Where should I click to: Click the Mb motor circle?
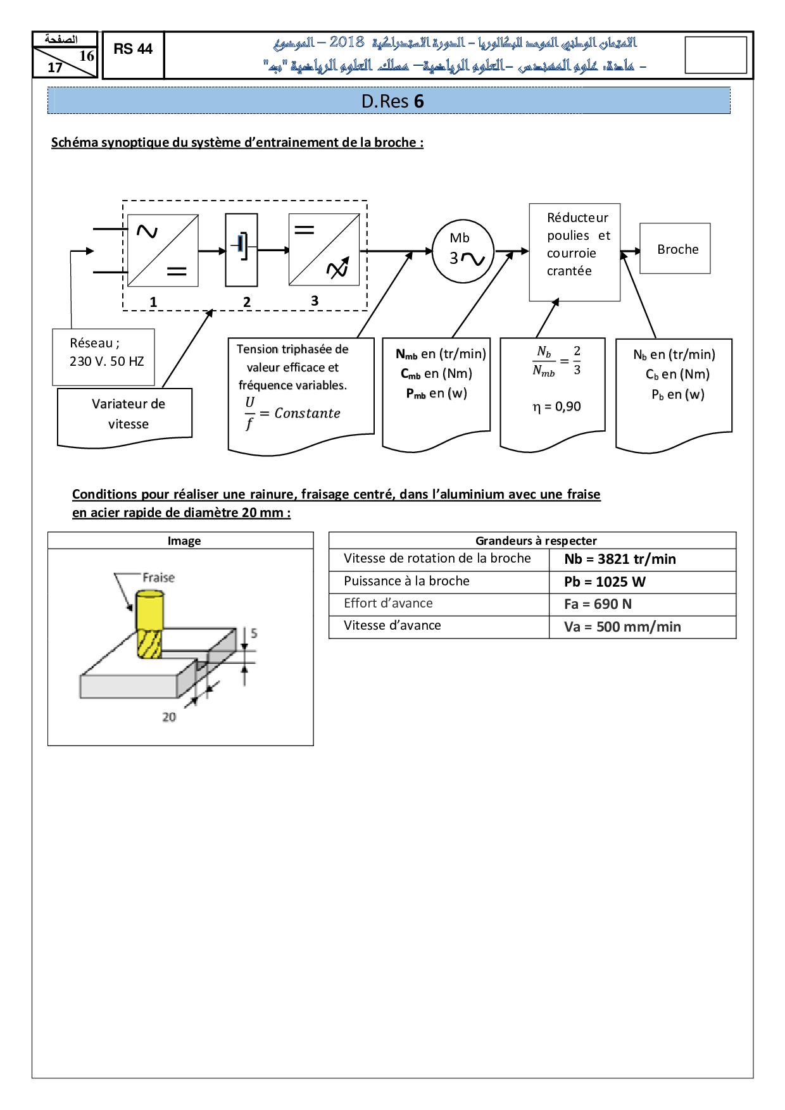click(463, 251)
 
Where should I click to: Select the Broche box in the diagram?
click(675, 249)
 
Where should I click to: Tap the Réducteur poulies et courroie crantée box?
click(574, 252)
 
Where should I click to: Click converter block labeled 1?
click(163, 251)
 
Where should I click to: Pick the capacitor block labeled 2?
click(241, 250)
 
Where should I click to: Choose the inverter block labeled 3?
click(324, 250)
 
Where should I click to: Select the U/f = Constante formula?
click(293, 413)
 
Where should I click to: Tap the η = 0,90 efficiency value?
click(556, 406)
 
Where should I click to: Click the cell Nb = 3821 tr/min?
click(620, 559)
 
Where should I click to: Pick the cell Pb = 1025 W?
click(605, 582)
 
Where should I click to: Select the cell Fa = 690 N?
click(598, 604)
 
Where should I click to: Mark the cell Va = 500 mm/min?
click(622, 627)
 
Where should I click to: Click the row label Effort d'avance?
click(388, 604)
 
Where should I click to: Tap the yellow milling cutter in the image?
click(149, 623)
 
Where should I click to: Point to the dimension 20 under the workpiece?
click(169, 717)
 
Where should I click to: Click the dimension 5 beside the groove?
click(254, 633)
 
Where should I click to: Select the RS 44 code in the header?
click(133, 49)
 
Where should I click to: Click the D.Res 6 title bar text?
click(392, 101)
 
